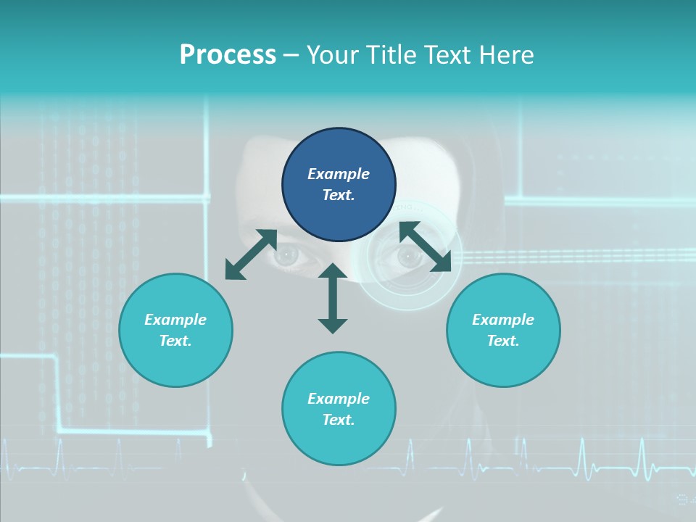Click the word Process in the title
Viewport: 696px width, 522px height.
click(x=228, y=55)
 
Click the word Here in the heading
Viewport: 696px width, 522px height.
click(x=507, y=55)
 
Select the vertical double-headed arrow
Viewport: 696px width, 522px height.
click(x=333, y=298)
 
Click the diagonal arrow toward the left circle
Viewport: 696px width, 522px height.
click(x=251, y=254)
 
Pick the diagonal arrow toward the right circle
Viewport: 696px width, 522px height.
click(x=426, y=247)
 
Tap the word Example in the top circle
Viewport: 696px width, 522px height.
click(x=339, y=174)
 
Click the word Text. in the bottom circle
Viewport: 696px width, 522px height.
click(x=339, y=420)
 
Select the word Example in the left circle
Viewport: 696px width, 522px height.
click(x=175, y=320)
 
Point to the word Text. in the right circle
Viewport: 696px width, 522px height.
click(x=503, y=341)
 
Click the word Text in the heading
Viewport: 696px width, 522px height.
click(x=446, y=55)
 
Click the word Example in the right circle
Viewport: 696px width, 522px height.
click(x=503, y=320)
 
